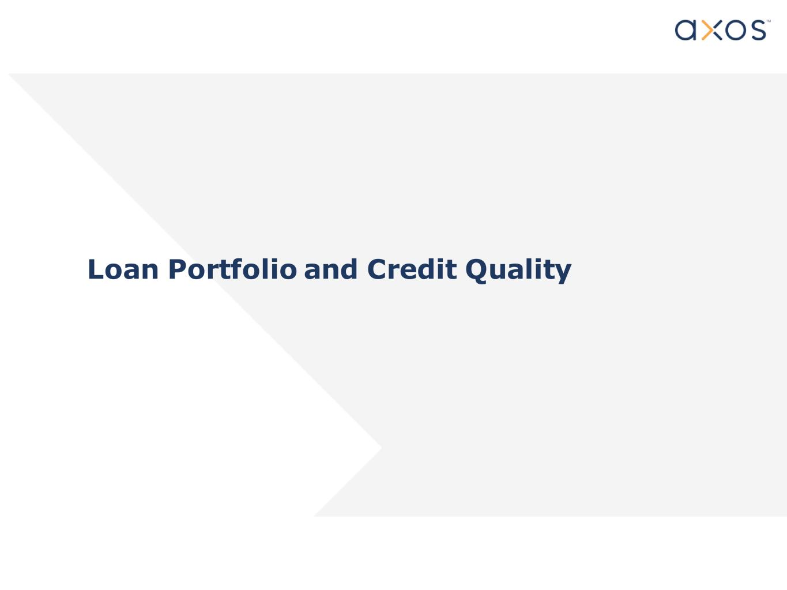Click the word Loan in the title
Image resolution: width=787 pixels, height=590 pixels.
click(x=123, y=269)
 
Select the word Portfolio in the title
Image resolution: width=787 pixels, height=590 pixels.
click(x=232, y=269)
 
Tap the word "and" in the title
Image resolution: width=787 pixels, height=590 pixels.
click(x=330, y=269)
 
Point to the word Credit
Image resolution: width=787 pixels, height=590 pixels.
click(x=412, y=269)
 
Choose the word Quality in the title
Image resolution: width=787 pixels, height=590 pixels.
click(x=518, y=271)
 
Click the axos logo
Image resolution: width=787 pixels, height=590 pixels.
click(x=722, y=30)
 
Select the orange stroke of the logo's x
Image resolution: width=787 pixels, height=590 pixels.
click(x=706, y=30)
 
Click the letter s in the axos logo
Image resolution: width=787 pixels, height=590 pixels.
click(x=758, y=30)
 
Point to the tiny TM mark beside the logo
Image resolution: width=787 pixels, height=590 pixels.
click(x=769, y=21)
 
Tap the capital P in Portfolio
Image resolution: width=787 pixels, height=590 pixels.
click(x=177, y=269)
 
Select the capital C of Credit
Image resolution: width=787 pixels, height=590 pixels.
click(x=377, y=269)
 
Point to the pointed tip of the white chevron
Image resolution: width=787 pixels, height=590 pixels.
click(x=381, y=447)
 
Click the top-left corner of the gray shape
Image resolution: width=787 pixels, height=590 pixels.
click(x=9, y=73)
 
